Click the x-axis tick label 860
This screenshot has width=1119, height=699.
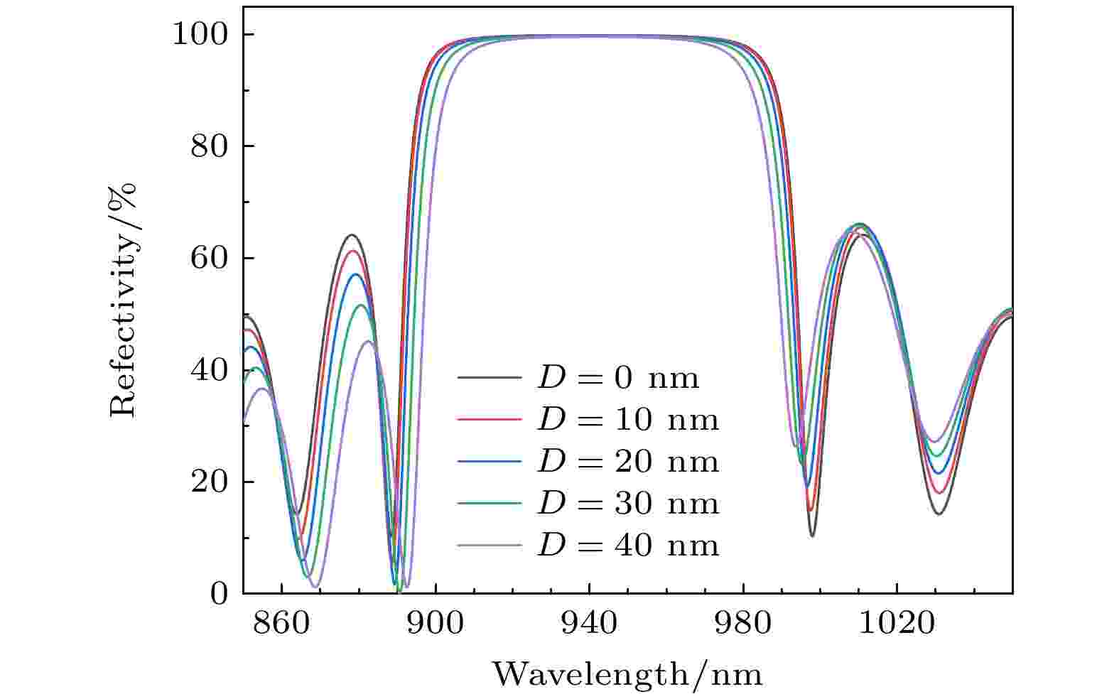[282, 623]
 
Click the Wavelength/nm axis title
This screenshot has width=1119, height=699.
[627, 673]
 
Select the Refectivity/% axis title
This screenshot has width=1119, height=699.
[123, 299]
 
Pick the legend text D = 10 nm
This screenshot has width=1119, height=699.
[628, 420]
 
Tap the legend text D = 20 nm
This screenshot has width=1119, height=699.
[628, 462]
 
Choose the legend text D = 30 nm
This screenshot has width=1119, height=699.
[628, 504]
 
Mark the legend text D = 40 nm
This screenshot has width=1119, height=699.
[628, 546]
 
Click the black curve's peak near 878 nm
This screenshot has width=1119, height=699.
[351, 234]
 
